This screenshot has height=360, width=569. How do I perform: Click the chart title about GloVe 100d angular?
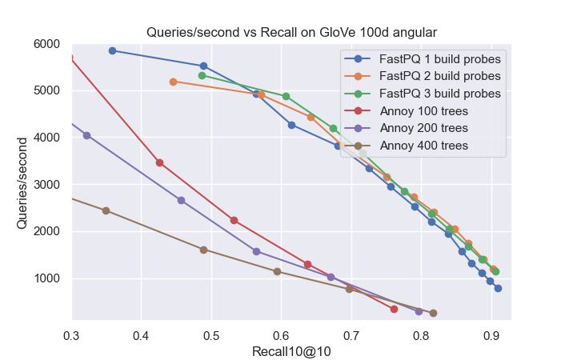(x=291, y=33)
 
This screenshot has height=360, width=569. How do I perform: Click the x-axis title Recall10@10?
(x=291, y=351)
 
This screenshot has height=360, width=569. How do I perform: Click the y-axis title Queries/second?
(x=23, y=183)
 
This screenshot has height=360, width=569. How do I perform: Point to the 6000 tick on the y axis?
(x=52, y=44)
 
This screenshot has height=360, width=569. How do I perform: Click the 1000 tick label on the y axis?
(x=52, y=278)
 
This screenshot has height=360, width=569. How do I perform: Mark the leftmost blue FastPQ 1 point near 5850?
(x=112, y=50)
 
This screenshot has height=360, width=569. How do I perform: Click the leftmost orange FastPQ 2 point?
(x=173, y=82)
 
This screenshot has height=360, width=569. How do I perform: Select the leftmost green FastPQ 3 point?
(x=202, y=75)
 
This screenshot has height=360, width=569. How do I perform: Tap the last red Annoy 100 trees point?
(x=394, y=309)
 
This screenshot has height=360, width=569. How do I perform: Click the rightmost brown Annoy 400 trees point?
(x=433, y=313)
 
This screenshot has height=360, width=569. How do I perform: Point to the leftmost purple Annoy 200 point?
(x=86, y=135)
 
